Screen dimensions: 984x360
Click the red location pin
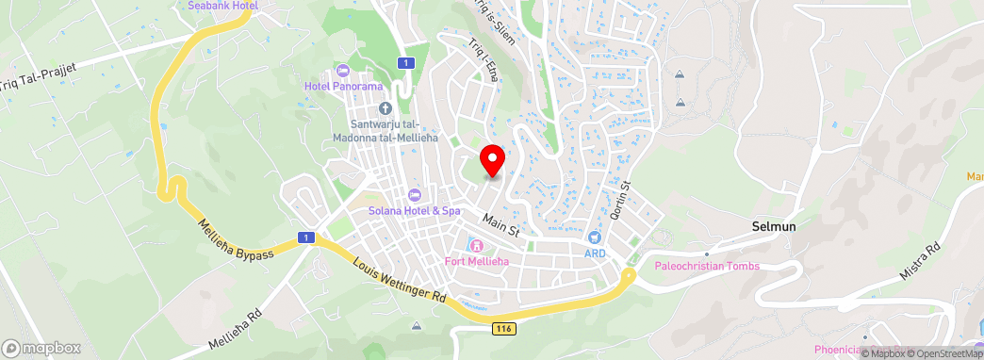491,159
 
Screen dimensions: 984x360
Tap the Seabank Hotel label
222,5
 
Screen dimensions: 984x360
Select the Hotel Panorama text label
343,86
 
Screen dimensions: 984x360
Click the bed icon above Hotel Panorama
342,71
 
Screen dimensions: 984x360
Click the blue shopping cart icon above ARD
595,238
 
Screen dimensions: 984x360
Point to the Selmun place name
776,226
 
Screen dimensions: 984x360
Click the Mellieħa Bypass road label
236,241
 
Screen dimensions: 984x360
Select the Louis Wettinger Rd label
400,280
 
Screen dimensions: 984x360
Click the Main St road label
500,223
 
